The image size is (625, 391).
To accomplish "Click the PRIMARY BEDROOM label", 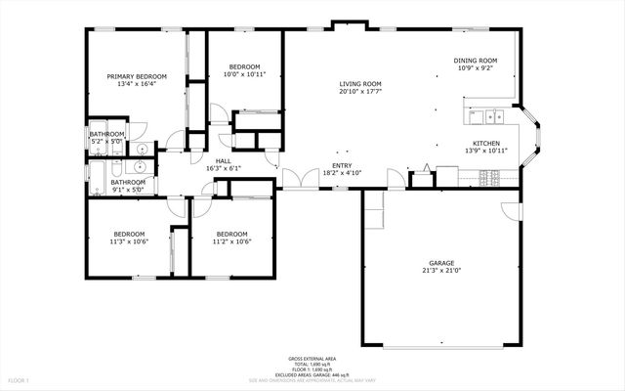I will point(137,76).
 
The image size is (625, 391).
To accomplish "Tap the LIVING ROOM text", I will point(359,84).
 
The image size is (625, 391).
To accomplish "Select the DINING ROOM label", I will point(475,61).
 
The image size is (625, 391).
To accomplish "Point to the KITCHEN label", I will point(486,143).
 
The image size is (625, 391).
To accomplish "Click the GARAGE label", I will point(441,263).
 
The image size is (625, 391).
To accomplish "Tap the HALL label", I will point(223,160).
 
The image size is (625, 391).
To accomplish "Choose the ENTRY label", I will point(342,165).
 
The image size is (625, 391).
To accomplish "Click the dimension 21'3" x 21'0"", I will point(441,271).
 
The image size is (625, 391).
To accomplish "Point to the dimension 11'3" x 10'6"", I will point(129,241).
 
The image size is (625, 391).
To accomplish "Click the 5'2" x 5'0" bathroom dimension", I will point(107,142).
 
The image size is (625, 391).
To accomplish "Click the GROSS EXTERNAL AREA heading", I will point(312,359).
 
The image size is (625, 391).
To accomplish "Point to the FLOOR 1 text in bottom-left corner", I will point(20,379).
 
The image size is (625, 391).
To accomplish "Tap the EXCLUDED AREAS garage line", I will point(312,374).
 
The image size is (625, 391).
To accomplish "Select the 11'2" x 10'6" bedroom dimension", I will point(231,241).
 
